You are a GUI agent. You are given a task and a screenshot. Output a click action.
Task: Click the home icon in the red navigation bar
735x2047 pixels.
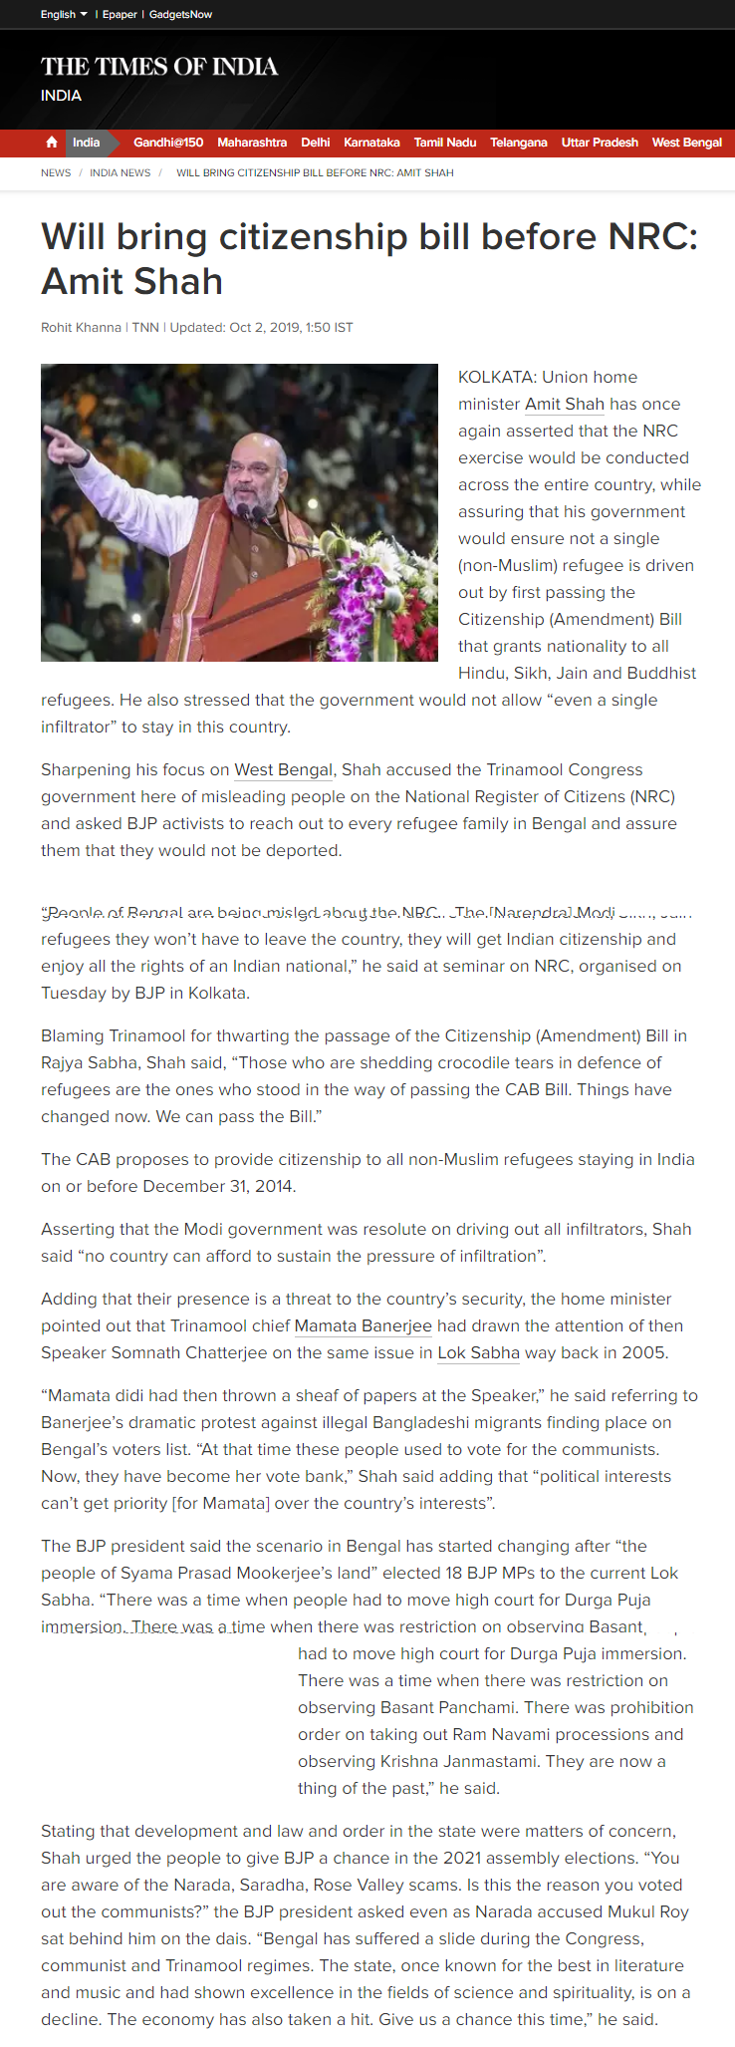[52, 143]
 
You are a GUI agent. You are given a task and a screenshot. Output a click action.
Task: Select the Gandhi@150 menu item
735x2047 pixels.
[168, 143]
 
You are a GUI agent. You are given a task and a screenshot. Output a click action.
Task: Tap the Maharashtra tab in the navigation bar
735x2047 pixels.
[252, 143]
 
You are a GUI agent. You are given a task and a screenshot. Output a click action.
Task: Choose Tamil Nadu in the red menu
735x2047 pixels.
[445, 143]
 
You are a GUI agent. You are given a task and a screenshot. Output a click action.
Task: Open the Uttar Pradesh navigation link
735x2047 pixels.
[600, 143]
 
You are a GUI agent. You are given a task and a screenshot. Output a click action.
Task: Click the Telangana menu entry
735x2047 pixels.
[519, 143]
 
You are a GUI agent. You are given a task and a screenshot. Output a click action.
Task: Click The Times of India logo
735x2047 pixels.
[159, 67]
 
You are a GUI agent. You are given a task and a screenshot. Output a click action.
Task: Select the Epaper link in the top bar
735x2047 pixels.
[120, 14]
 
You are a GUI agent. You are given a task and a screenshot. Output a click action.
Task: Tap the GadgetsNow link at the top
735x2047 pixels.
[180, 14]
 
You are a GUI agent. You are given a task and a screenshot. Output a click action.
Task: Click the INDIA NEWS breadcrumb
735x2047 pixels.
[121, 173]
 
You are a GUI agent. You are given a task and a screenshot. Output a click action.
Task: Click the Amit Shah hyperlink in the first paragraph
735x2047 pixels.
[565, 405]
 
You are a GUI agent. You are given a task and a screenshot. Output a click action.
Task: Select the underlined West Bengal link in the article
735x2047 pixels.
[283, 770]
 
